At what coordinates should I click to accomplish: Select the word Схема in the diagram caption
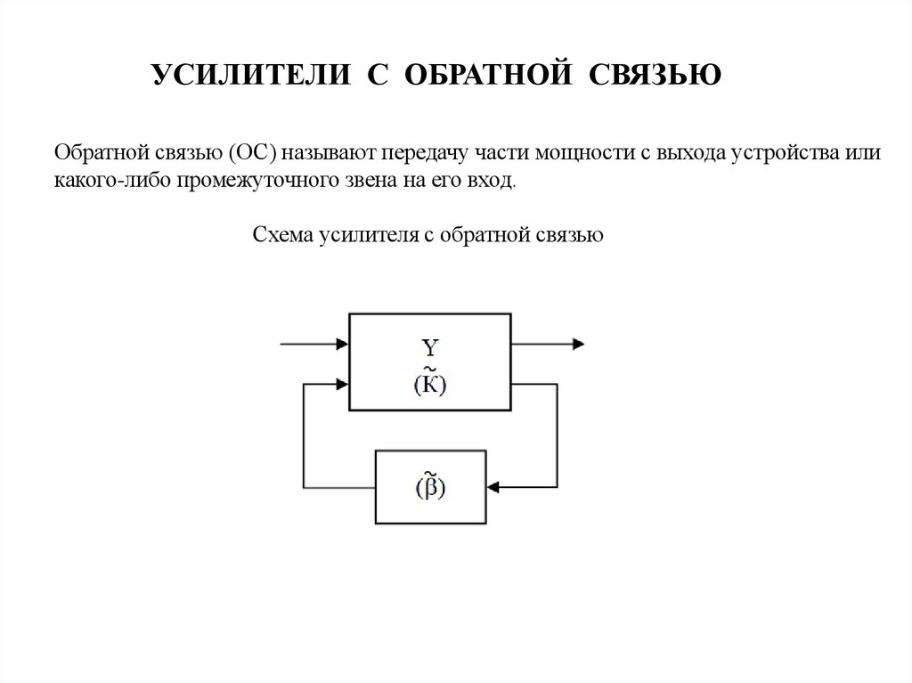[x=281, y=235]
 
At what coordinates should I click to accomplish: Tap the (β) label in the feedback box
[x=431, y=487]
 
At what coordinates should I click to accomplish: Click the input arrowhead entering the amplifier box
[x=342, y=343]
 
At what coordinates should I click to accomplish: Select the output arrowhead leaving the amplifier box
[x=578, y=343]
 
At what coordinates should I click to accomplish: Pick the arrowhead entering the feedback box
[x=493, y=487]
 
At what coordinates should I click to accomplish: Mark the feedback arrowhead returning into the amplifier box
[x=342, y=386]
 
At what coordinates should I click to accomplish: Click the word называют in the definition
[x=328, y=152]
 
